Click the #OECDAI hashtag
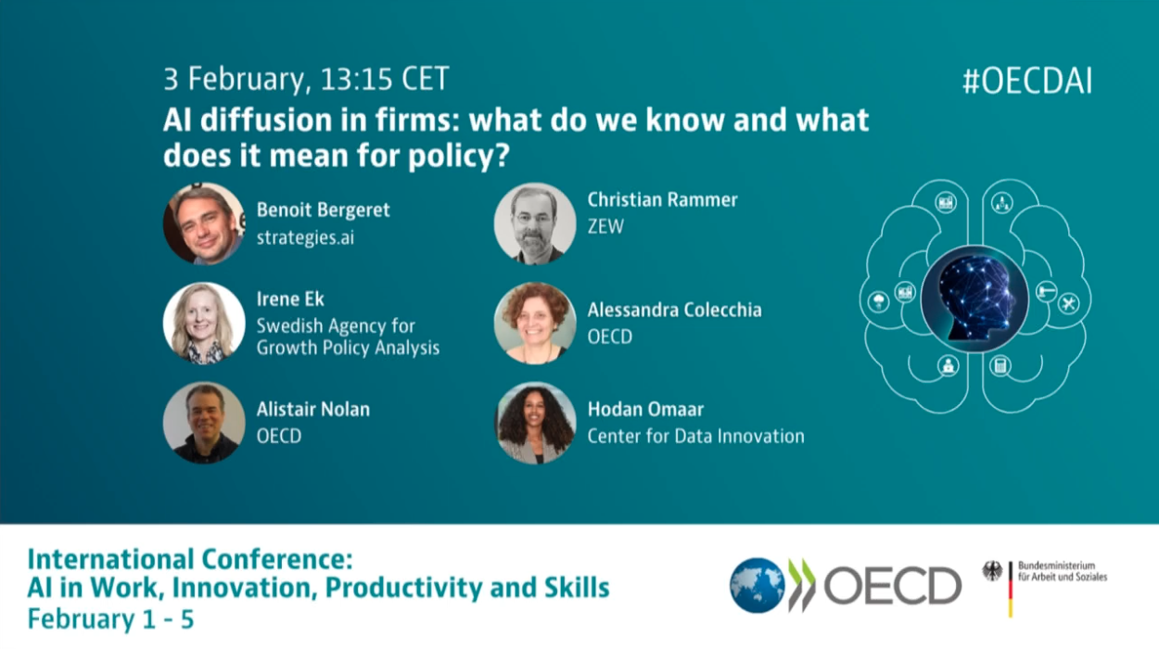coord(1027,81)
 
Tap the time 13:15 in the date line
coord(356,79)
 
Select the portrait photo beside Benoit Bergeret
coord(204,223)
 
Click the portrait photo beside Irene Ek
coord(204,323)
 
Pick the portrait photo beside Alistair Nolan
coord(204,423)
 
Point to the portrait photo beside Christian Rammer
coord(535,223)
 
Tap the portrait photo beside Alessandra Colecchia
coord(535,323)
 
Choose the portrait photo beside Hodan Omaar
coord(535,423)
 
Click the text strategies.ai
coord(305,237)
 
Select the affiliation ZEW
coord(605,226)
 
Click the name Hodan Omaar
coord(645,410)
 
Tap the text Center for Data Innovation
coord(696,437)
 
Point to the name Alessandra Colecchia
coord(675,310)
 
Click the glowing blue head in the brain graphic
coord(974,299)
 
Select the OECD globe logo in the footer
coord(757,585)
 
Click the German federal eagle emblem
coord(992,571)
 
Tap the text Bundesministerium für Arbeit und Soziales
coord(1063,571)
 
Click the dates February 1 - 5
coord(110,619)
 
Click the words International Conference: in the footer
coord(190,559)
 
